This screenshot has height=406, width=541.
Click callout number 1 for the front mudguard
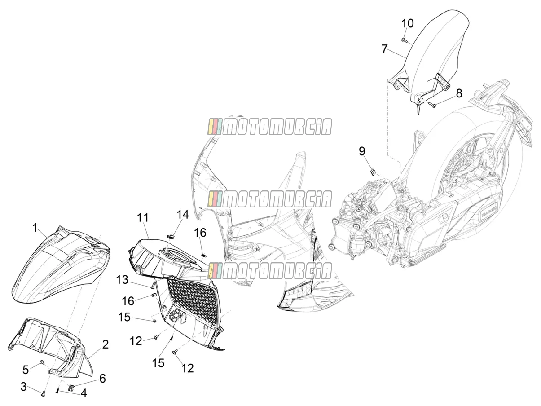35,228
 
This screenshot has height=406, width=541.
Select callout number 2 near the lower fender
105,344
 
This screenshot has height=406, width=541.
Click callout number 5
26,370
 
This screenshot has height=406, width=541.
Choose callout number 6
102,379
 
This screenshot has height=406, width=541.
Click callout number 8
459,93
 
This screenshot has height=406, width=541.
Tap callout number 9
362,151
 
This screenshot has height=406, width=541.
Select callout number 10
407,23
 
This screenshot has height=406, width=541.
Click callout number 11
143,218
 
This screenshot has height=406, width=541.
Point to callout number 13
122,280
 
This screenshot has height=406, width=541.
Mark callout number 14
183,215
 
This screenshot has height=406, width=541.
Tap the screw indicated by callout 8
432,105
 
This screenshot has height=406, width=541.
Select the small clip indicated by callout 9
373,172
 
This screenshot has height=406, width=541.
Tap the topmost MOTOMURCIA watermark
270,127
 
